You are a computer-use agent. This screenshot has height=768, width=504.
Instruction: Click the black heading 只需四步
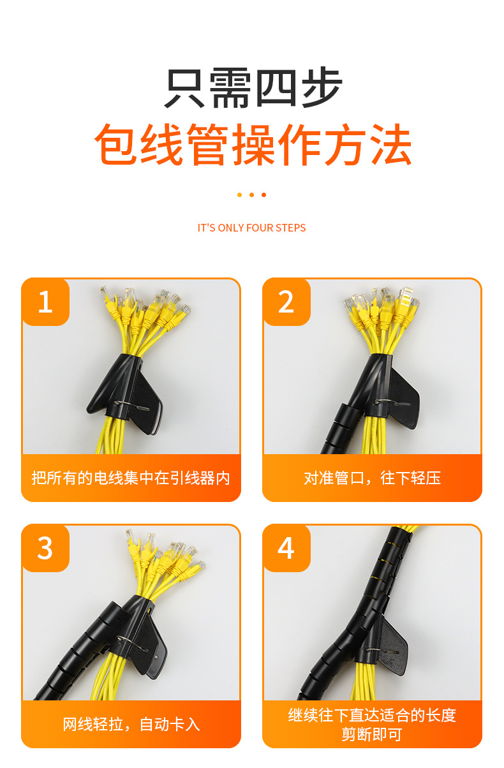(x=253, y=87)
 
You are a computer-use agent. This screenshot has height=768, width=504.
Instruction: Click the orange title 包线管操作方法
(x=253, y=145)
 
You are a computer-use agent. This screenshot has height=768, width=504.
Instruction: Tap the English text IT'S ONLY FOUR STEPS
(x=251, y=228)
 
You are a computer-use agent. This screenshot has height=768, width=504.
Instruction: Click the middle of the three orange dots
(x=251, y=195)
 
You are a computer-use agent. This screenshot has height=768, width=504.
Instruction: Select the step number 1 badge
(x=45, y=302)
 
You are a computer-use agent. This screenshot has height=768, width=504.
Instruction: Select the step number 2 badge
(x=286, y=302)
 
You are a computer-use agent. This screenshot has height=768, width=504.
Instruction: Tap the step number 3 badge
(x=45, y=548)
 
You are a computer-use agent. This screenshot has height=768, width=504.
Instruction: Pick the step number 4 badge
(x=286, y=548)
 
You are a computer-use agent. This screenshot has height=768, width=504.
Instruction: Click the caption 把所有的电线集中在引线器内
(x=131, y=478)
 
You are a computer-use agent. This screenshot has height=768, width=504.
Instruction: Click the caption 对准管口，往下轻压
(x=372, y=478)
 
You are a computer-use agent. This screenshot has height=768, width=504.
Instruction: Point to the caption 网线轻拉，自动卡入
(x=131, y=724)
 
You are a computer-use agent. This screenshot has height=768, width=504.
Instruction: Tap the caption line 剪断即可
(x=372, y=734)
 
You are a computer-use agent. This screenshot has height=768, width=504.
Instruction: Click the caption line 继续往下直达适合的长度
(x=372, y=715)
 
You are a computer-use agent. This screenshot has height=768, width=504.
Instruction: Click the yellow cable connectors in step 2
(x=380, y=309)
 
